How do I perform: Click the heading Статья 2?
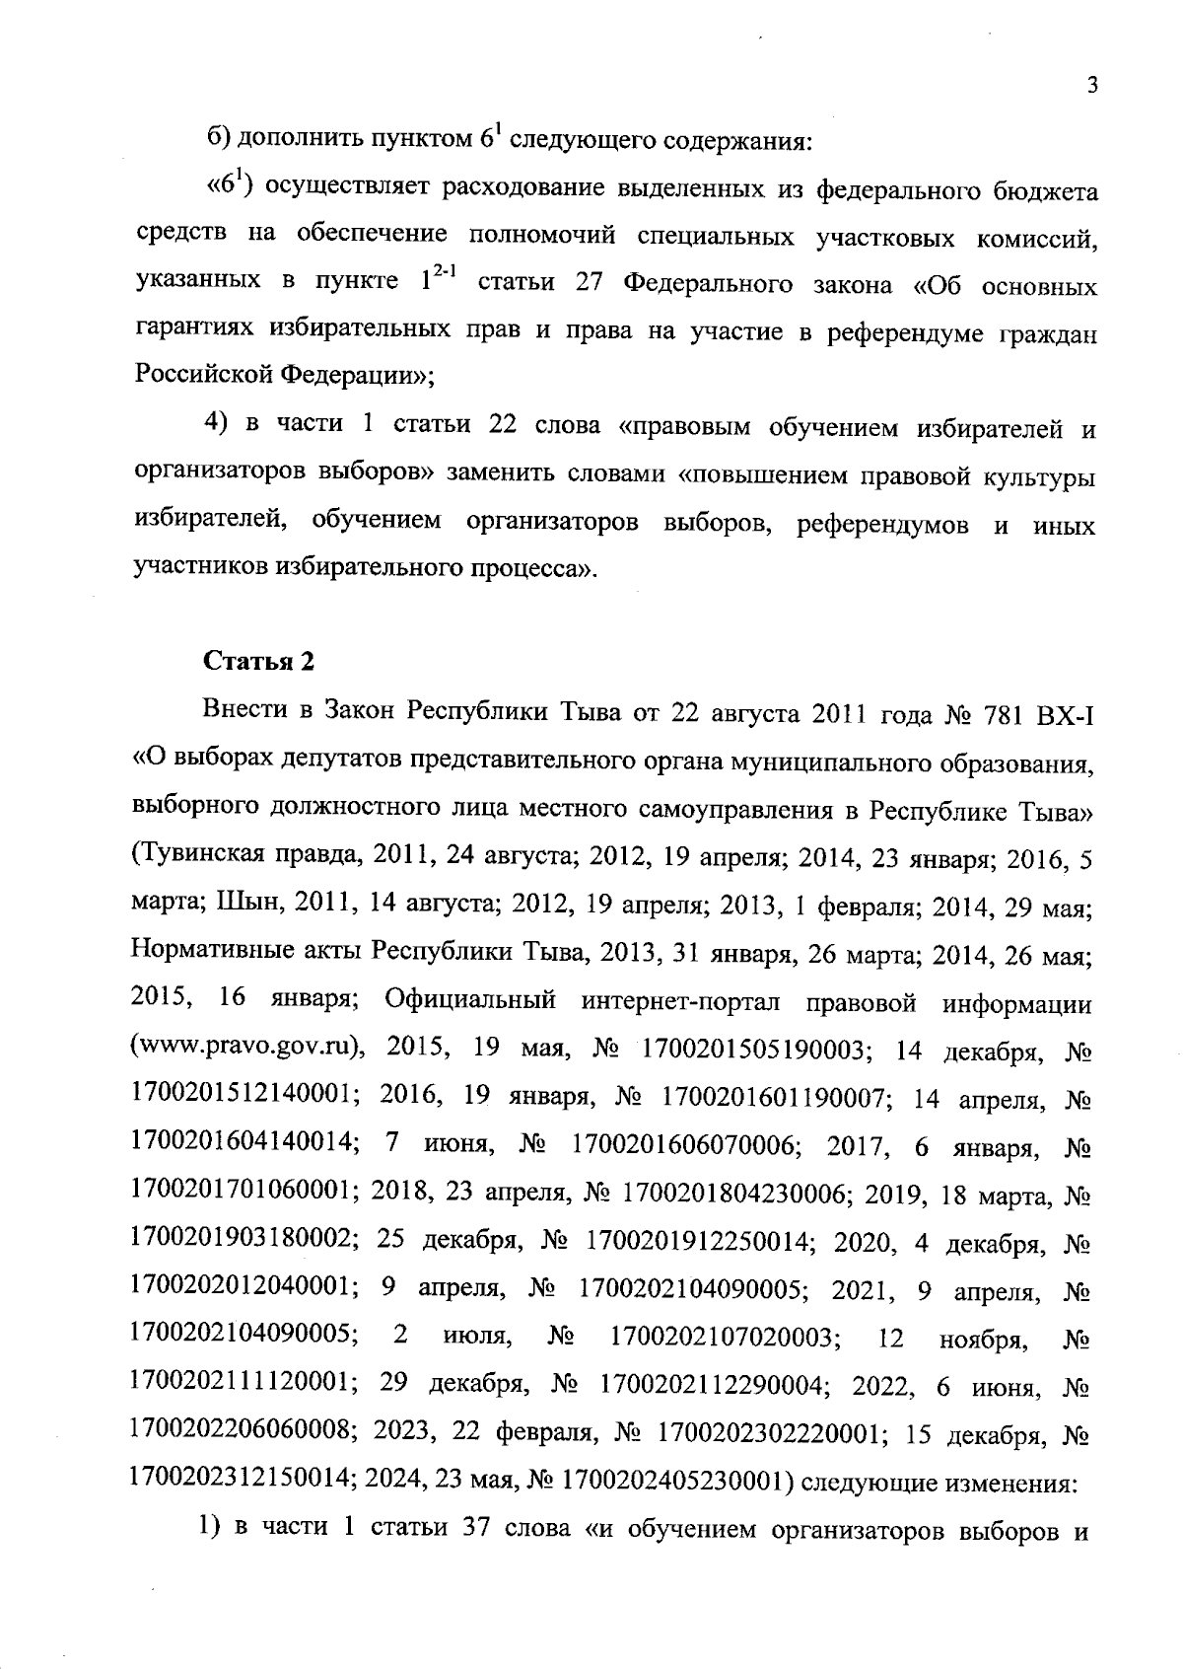(258, 662)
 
